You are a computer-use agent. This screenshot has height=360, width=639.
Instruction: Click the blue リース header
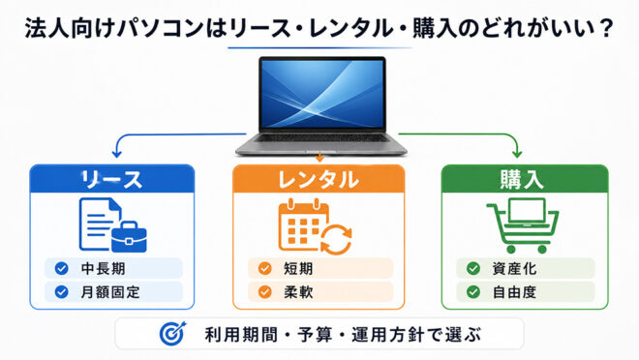click(x=112, y=178)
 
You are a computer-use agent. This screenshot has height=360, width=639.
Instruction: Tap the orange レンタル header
click(x=319, y=178)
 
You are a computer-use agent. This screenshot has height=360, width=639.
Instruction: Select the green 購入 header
click(x=525, y=178)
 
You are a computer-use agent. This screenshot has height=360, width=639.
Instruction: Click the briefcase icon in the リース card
click(x=129, y=236)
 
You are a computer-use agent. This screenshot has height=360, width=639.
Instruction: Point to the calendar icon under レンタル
click(x=304, y=225)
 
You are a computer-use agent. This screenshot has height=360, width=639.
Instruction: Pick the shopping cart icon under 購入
click(x=523, y=225)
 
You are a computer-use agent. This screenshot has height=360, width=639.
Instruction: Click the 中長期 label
click(x=103, y=269)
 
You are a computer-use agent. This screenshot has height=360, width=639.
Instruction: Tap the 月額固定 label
click(x=110, y=292)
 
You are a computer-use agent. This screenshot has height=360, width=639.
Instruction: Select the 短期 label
click(x=298, y=269)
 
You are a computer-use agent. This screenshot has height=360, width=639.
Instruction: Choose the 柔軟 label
click(x=298, y=292)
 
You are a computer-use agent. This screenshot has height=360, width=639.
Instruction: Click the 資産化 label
click(x=514, y=269)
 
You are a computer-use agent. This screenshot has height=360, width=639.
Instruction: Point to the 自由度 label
click(x=514, y=292)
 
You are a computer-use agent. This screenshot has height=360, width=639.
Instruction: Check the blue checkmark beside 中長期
click(x=62, y=269)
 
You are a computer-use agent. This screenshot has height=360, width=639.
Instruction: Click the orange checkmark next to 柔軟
click(x=265, y=292)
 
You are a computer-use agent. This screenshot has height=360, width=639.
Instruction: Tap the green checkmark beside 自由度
click(x=473, y=292)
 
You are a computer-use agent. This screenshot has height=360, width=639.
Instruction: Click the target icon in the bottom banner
click(x=172, y=334)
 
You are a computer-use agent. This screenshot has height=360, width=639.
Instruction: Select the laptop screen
click(x=322, y=93)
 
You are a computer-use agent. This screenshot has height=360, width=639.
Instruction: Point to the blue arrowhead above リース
click(x=117, y=154)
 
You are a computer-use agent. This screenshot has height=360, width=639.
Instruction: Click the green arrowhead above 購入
click(x=517, y=154)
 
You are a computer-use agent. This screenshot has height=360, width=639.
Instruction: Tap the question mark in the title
click(x=605, y=28)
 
